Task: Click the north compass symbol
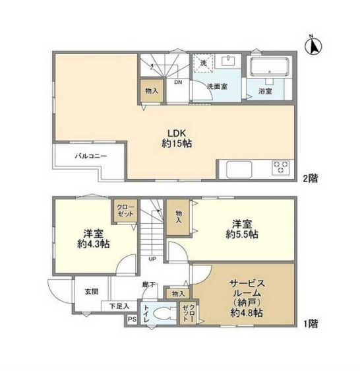[313, 46]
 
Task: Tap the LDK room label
[177, 133]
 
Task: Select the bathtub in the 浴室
[269, 67]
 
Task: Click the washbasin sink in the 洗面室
[228, 61]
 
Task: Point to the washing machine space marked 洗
[203, 63]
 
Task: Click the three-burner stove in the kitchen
[281, 168]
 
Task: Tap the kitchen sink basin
[239, 169]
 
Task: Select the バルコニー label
[91, 156]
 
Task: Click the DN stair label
[178, 83]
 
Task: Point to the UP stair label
[152, 259]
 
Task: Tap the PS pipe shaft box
[132, 320]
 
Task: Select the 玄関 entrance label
[92, 292]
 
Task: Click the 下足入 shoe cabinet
[119, 306]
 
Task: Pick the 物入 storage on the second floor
[152, 90]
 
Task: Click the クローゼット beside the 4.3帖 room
[125, 211]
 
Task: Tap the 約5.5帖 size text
[242, 234]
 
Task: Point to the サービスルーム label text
[247, 288]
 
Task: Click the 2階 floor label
[311, 178]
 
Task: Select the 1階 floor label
[311, 323]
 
